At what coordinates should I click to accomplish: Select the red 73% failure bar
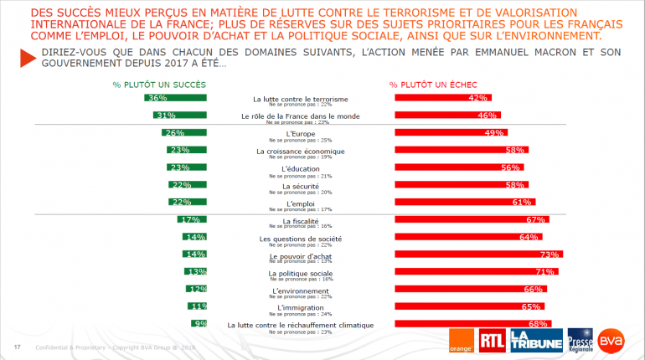pos(478,255)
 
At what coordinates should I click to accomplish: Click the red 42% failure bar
pos(443,98)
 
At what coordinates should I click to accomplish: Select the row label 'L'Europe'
pos(301,133)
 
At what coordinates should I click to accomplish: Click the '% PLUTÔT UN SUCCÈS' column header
pos(159,85)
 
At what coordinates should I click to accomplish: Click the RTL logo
pos(492,339)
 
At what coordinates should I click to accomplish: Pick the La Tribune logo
pos(534,339)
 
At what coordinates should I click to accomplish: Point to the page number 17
pos(17,347)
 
